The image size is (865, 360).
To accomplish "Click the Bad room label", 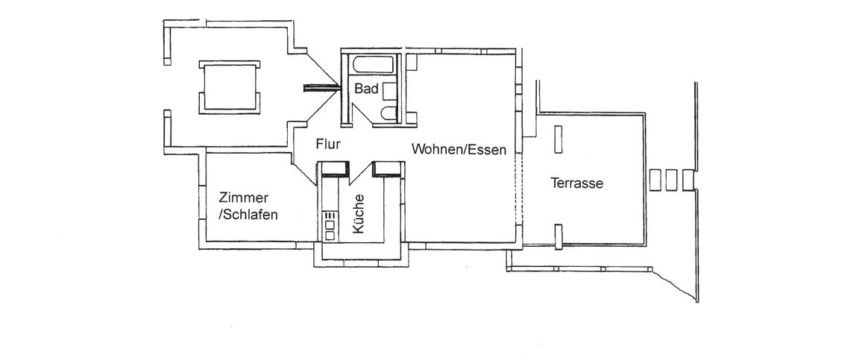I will coord(366,89).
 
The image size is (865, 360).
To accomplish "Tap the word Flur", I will coord(328,143).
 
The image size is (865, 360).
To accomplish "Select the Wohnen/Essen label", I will coord(459,150).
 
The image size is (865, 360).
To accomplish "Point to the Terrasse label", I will coord(576,183).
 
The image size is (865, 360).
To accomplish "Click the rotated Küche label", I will coord(359,215).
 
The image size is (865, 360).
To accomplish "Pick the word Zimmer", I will coord(243,198).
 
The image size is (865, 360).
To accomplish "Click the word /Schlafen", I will coord(248,215).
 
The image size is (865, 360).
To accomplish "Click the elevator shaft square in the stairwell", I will coord(230,87).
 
